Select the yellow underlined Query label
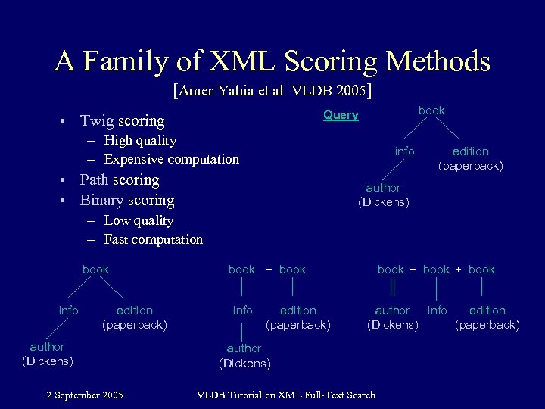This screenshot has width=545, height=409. point(341,115)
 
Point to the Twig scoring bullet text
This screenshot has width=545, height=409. point(122,120)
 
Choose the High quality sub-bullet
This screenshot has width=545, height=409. point(140,140)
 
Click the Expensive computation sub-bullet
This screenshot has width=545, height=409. point(171,159)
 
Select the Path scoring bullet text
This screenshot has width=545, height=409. point(120,180)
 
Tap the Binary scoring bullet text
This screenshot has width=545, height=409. point(127,201)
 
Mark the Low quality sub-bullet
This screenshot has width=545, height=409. point(139,220)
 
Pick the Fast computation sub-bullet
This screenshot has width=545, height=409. point(153,239)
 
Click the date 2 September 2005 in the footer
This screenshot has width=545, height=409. point(85,395)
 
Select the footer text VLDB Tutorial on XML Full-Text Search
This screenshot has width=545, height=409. point(285,395)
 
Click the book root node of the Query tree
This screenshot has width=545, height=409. point(431,111)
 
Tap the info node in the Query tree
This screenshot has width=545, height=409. point(404,151)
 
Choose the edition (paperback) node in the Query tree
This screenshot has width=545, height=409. point(471,158)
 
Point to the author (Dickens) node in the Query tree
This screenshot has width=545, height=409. point(383,195)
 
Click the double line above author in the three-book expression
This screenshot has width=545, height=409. point(392,289)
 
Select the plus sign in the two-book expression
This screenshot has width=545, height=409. point(268,270)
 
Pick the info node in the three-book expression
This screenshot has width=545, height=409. point(437,311)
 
